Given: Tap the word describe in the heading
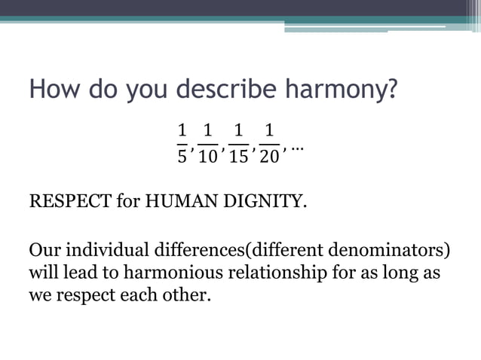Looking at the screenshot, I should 231,91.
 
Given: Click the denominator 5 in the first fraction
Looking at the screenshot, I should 181,157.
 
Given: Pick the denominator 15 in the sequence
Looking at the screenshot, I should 239,157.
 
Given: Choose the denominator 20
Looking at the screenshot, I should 269,157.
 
